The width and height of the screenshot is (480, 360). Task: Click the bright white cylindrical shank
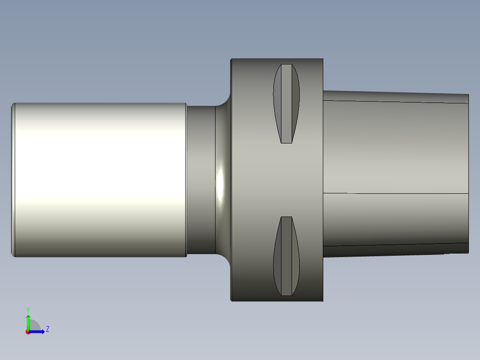101,180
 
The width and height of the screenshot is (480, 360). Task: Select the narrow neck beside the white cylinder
201,180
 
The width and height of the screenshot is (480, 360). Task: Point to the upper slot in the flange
286,103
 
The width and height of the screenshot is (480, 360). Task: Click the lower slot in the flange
286,256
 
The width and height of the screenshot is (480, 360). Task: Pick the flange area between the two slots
286,180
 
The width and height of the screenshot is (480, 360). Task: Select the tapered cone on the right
396,174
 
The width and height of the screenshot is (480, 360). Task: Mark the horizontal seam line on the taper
396,193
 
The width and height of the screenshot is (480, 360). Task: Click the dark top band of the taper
396,97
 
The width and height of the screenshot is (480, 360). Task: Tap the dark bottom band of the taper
396,250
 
